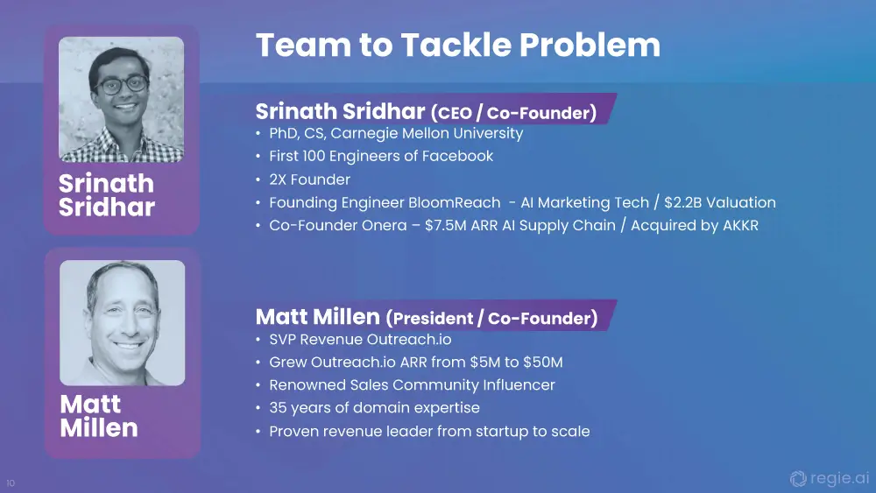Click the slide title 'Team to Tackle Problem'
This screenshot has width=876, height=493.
coord(457,45)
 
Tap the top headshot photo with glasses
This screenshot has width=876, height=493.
coord(121,99)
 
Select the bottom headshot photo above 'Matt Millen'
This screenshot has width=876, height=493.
coord(123,323)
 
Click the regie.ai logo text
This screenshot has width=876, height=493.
coord(839,478)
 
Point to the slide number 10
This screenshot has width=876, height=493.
coord(11,483)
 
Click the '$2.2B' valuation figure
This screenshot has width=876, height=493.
coord(682,202)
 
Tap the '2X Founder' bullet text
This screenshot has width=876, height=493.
coord(309,180)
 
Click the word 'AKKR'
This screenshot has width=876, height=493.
coord(740,225)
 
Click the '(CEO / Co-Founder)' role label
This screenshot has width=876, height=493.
coord(513,113)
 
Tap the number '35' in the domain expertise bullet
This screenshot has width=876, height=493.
coord(278,407)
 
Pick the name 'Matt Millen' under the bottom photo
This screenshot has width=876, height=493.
coord(99,416)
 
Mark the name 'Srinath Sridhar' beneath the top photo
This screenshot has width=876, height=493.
coord(107,195)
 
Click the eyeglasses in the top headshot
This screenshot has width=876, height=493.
coord(121,85)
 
